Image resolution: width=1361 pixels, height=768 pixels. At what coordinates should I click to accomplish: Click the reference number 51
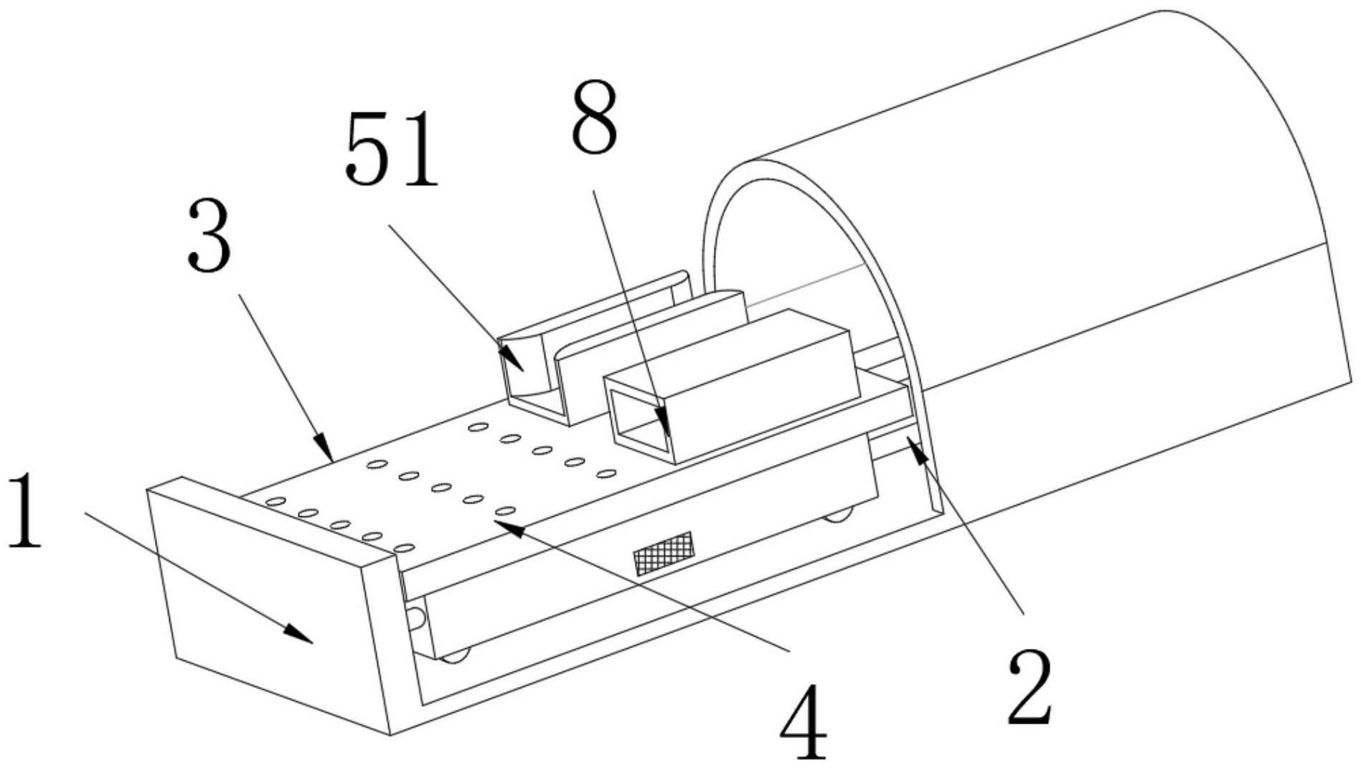[391, 151]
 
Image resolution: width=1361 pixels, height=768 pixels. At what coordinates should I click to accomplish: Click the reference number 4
[804, 721]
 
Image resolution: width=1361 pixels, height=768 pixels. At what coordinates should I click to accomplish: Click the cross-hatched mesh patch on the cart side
[664, 553]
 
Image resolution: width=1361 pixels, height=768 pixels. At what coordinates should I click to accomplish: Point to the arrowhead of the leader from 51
[512, 358]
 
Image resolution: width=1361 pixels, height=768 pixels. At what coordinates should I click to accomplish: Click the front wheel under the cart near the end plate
[456, 655]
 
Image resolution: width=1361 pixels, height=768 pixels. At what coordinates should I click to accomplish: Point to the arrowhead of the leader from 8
[664, 423]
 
